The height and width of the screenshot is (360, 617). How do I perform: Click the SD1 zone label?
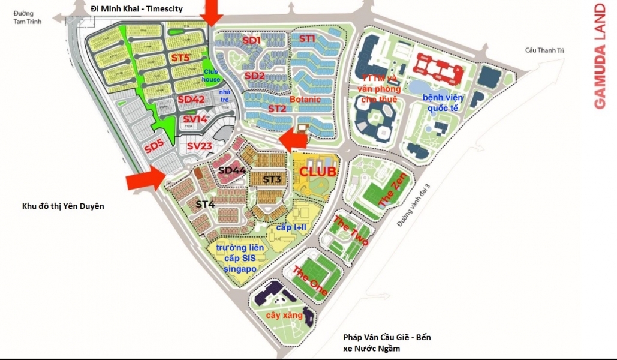(252, 40)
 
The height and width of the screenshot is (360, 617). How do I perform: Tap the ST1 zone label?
(307, 39)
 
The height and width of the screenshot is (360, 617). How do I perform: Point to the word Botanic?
(305, 99)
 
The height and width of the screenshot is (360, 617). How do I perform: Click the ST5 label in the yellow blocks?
(180, 58)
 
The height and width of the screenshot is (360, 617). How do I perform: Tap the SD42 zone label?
(191, 100)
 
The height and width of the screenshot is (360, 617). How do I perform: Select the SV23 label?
(200, 146)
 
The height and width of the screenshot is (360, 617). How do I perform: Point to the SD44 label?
(232, 170)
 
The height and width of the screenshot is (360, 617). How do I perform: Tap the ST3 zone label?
(272, 179)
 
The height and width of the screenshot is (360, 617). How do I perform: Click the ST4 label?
(205, 205)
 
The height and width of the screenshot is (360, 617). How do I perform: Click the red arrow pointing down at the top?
(212, 12)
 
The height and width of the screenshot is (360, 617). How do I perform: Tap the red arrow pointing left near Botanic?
(294, 139)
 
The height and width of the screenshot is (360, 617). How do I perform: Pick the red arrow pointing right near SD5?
(146, 177)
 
